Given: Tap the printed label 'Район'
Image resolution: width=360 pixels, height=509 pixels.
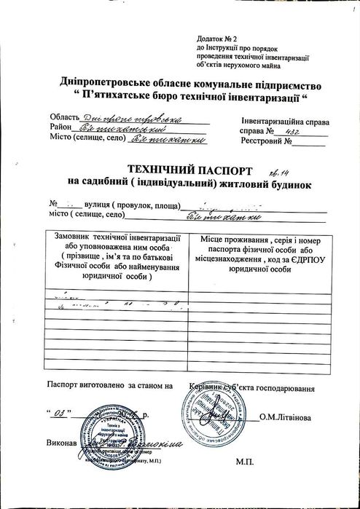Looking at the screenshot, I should click(x=60, y=127).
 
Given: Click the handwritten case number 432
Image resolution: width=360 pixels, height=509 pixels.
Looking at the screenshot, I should click(x=292, y=130).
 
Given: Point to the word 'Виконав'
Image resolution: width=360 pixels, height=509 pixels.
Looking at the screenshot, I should click(x=61, y=443).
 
